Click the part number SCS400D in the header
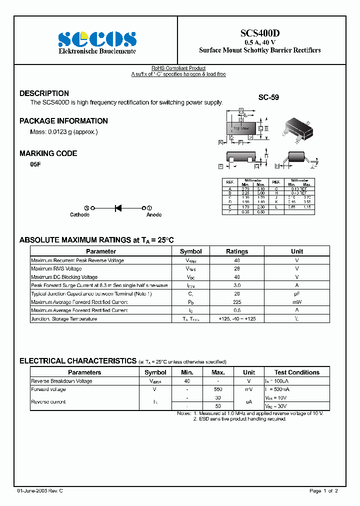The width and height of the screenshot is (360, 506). [x=260, y=33]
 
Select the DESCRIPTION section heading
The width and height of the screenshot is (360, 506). [x=44, y=93]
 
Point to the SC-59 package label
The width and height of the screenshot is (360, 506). [x=268, y=98]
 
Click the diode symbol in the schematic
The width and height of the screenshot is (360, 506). [x=118, y=207]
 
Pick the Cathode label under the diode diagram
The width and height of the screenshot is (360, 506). [x=79, y=214]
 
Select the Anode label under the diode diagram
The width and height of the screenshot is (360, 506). [x=153, y=214]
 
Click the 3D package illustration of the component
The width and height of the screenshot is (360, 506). [x=298, y=128]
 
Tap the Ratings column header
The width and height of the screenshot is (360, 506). [x=236, y=251]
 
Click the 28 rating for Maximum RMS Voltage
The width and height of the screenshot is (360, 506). [x=236, y=268]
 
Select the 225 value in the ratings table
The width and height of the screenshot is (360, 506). [x=236, y=302]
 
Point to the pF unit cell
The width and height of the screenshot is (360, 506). [x=297, y=293]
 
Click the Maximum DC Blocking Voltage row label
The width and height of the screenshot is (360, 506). [x=64, y=277]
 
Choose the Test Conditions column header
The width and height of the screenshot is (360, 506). [x=296, y=372]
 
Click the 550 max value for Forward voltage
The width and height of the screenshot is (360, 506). [x=218, y=389]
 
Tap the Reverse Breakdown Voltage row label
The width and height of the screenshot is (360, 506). [x=61, y=381]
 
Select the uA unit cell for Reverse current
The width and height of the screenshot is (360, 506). [x=249, y=401]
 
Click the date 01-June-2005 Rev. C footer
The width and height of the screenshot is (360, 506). [x=39, y=491]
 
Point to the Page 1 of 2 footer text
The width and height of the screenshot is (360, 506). [x=323, y=491]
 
